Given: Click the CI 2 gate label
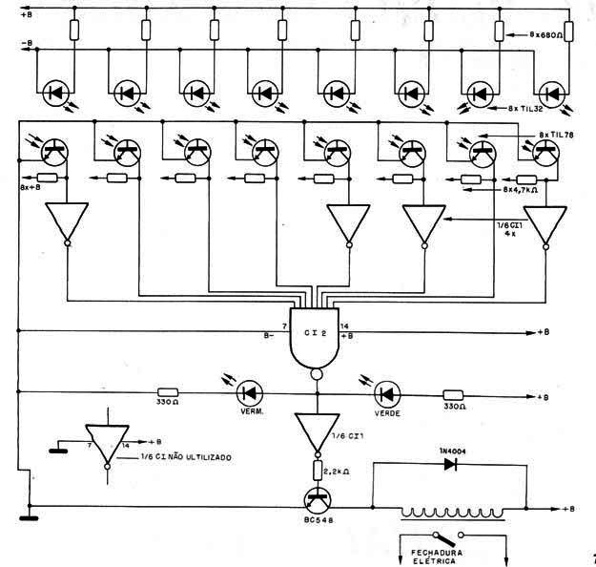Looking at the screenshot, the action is tap(315, 332).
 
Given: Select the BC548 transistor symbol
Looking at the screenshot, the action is tap(318, 501).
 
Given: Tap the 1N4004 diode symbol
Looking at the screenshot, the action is tap(450, 464).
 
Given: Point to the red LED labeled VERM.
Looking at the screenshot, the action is tap(250, 393).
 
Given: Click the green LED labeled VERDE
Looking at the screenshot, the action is tap(387, 394).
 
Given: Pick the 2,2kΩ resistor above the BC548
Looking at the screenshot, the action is tap(318, 470).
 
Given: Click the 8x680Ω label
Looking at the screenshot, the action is tap(546, 34).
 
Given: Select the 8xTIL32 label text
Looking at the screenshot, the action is tap(525, 109).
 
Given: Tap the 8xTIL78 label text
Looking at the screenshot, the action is tap(557, 136).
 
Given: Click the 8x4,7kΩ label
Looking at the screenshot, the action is tap(520, 190).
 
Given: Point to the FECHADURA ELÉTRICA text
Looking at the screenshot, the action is tap(437, 556).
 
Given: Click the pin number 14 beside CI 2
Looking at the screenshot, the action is tap(345, 325).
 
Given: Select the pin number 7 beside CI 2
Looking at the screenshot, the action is tap(284, 325).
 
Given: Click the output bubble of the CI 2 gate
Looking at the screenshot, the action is tap(317, 374).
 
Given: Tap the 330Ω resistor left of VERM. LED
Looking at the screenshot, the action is tap(168, 392).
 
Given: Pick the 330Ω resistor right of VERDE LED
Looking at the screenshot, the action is tap(453, 395).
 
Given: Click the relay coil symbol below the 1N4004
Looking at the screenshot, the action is tap(453, 513).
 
